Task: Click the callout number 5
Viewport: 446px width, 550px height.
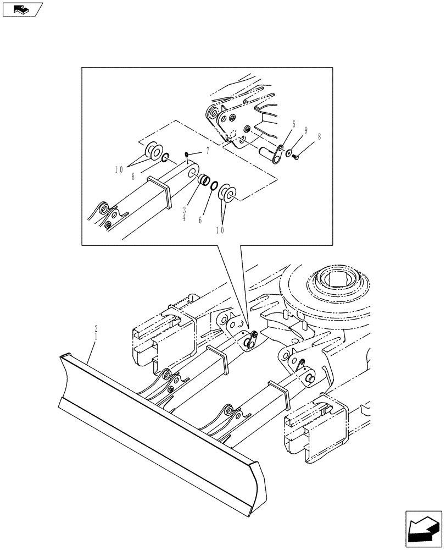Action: point(294,125)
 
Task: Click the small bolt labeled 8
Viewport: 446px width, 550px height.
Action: point(298,158)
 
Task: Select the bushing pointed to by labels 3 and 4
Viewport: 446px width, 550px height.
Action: point(203,179)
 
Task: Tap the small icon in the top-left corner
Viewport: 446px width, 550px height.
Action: point(23,9)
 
